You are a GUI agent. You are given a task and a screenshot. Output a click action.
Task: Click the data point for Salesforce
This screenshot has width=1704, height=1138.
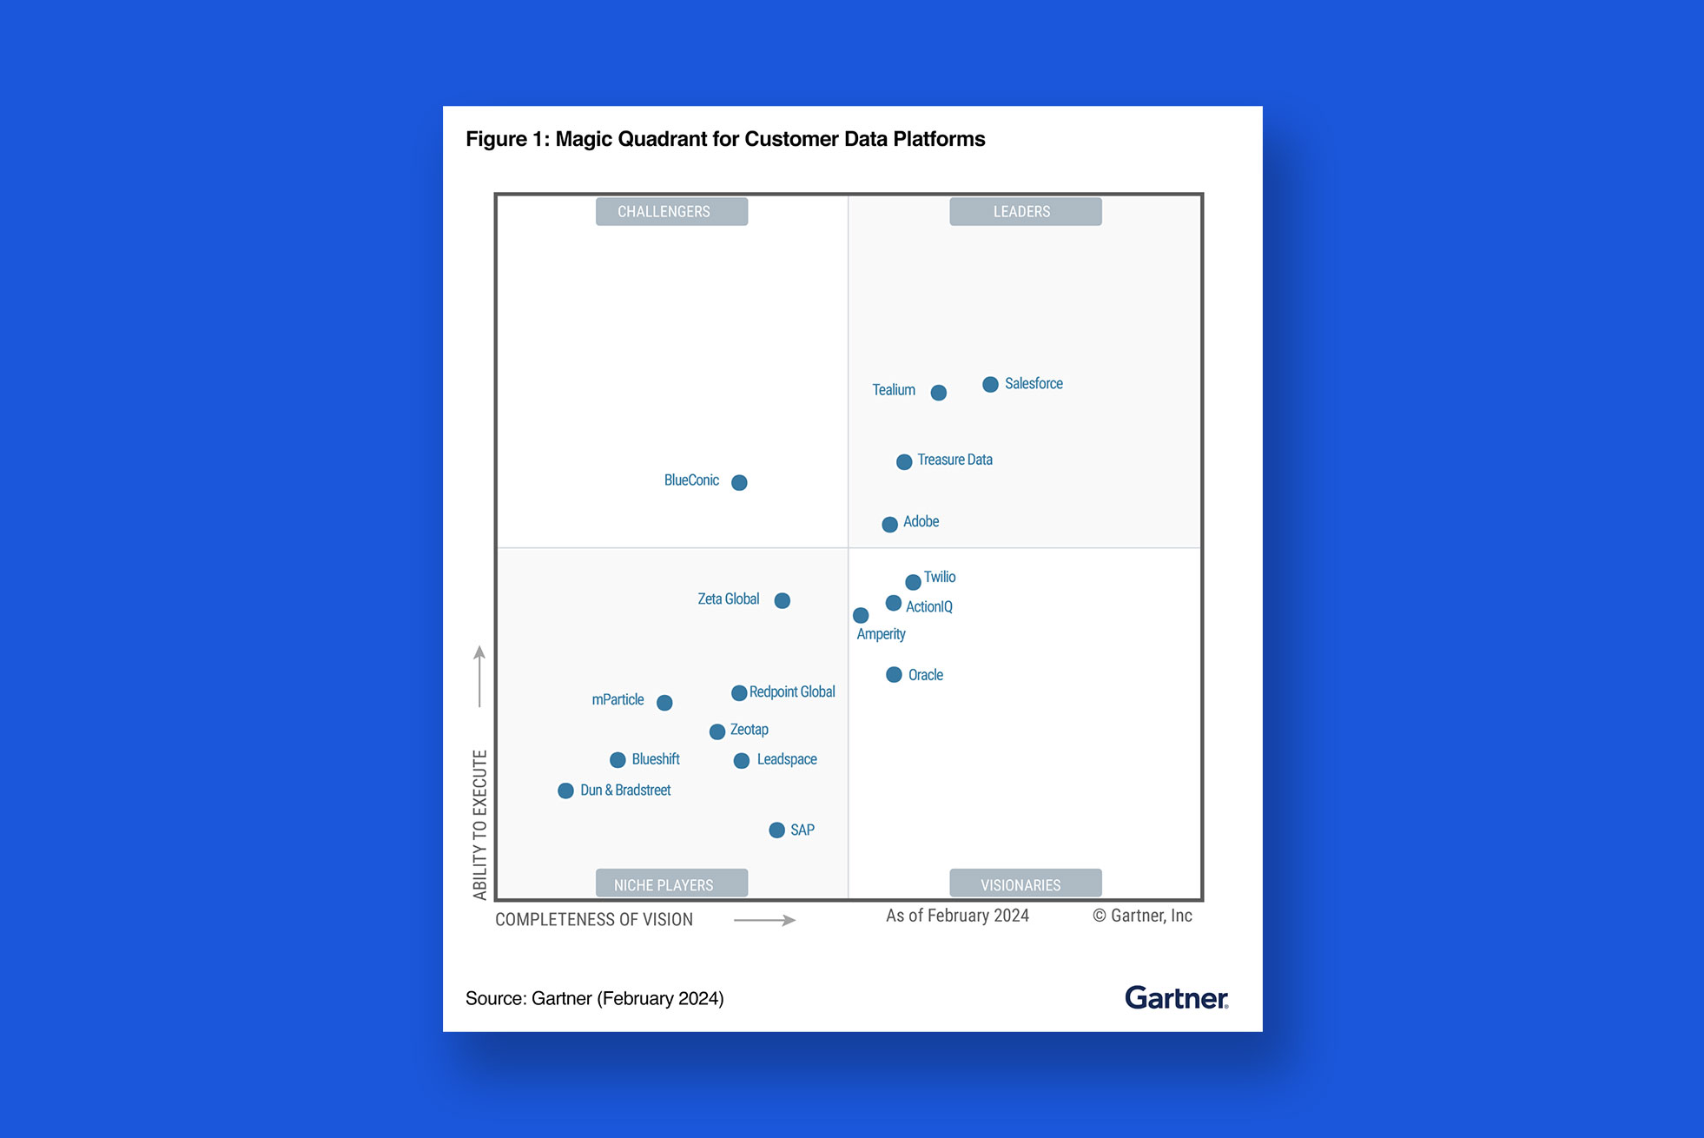coord(990,384)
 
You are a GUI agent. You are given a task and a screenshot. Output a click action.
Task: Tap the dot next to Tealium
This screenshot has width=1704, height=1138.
coord(938,393)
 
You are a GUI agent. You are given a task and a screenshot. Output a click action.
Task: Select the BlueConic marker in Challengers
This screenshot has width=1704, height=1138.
coord(739,482)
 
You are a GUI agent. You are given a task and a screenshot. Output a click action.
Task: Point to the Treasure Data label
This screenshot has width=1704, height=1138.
coord(954,460)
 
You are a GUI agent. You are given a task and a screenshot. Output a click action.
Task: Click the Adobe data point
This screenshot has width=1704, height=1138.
coord(889,525)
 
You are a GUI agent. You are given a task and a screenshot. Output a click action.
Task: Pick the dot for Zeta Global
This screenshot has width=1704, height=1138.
coord(782,600)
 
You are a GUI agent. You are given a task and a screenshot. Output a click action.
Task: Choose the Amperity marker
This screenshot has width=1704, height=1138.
coord(861,615)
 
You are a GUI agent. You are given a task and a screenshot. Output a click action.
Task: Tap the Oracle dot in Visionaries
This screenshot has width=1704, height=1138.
coord(894,675)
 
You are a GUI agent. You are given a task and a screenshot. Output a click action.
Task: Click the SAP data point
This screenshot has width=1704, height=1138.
coord(776,830)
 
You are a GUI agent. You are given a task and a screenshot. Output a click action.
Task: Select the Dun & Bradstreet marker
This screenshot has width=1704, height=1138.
coord(565,791)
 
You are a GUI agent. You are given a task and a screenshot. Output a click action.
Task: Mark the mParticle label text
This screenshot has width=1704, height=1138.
coord(618,699)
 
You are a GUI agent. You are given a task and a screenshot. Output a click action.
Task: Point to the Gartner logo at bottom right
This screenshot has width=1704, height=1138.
coord(1176,998)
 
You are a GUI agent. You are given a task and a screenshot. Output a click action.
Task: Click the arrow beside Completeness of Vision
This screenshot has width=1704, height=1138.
coord(764,920)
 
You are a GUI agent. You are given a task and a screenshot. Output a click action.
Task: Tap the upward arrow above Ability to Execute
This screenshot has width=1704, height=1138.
coord(479,676)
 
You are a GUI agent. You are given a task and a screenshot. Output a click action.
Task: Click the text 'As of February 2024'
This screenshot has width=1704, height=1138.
coord(957,916)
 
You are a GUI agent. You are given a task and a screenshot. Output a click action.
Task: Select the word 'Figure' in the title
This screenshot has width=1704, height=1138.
coord(496,139)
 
